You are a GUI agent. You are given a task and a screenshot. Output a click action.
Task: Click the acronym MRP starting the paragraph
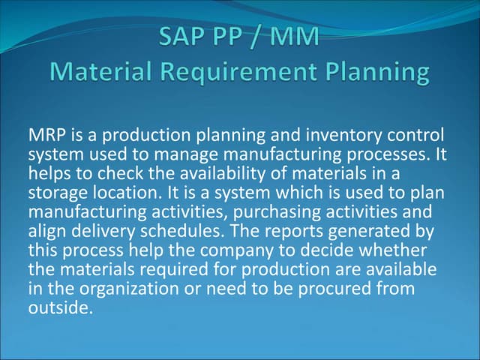coord(45,136)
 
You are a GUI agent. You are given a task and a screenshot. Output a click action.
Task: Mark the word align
coord(46,222)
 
